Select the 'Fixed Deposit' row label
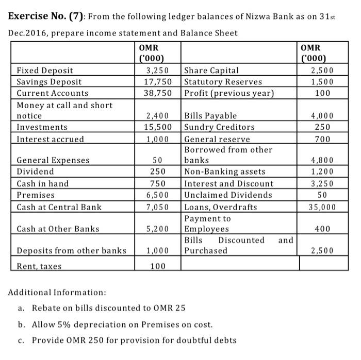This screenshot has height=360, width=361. click(x=45, y=71)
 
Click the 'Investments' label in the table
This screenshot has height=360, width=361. click(x=42, y=127)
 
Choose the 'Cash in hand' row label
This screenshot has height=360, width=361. click(x=43, y=184)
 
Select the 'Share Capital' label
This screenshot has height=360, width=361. click(x=211, y=71)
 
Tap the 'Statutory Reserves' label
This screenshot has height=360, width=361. click(x=223, y=82)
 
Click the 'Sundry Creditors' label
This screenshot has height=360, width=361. click(x=219, y=127)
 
